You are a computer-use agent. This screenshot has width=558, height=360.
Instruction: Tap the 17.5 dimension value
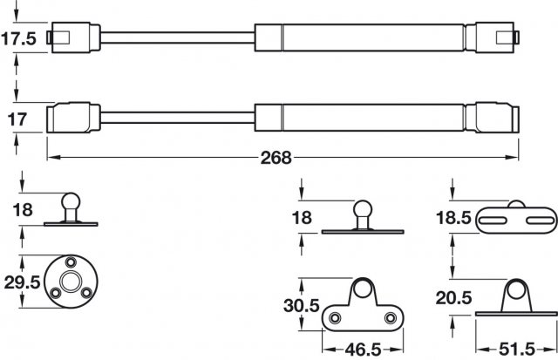click(19, 39)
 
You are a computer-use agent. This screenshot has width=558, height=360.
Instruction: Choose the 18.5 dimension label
click(455, 218)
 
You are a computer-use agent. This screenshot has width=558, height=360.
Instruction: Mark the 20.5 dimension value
click(455, 299)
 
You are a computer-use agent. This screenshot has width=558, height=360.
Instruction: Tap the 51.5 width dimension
click(517, 348)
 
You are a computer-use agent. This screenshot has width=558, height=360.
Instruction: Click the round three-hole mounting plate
click(71, 282)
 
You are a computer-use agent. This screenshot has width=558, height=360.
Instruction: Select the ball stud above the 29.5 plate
click(71, 209)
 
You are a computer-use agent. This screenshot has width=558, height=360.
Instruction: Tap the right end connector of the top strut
click(495, 38)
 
